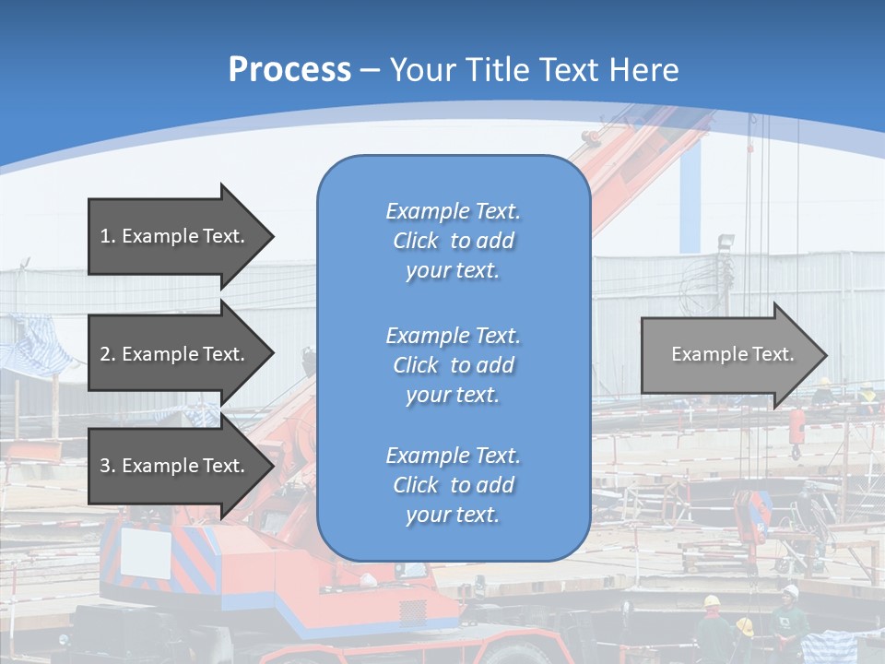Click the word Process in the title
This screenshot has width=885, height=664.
289,70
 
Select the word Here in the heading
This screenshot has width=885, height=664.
644,70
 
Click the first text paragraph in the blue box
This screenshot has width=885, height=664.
453,241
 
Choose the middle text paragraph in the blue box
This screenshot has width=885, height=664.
453,365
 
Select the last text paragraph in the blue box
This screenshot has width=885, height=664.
453,485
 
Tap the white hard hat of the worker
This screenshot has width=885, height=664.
790,590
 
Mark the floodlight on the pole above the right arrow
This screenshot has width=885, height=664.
726,242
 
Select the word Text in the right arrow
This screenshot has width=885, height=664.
773,354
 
